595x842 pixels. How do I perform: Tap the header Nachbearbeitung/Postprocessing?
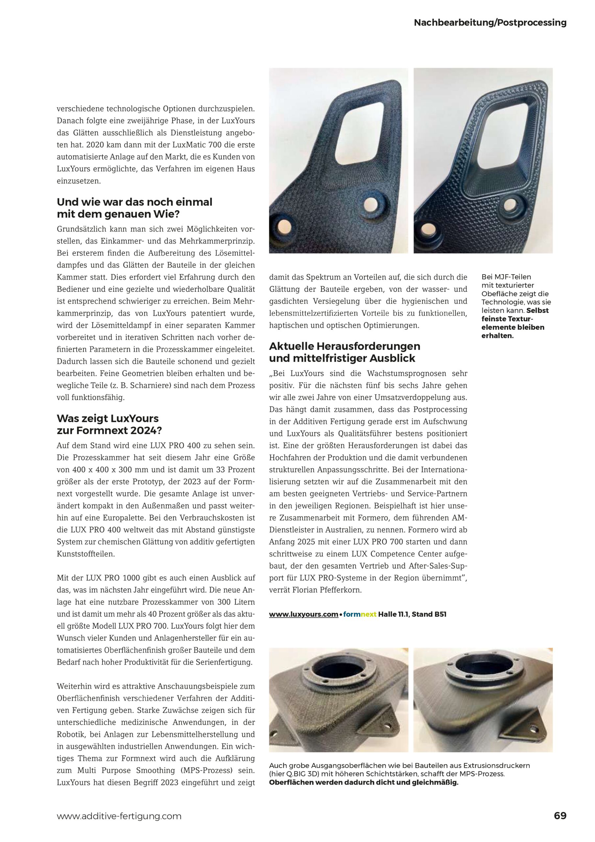point(490,23)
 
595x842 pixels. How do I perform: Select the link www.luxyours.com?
point(303,614)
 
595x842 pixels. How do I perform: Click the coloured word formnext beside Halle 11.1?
point(360,614)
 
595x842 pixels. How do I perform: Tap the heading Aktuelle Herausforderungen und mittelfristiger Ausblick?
point(345,352)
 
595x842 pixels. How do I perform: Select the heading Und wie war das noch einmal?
point(134,202)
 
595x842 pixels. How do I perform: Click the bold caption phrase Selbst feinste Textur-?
point(515,319)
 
